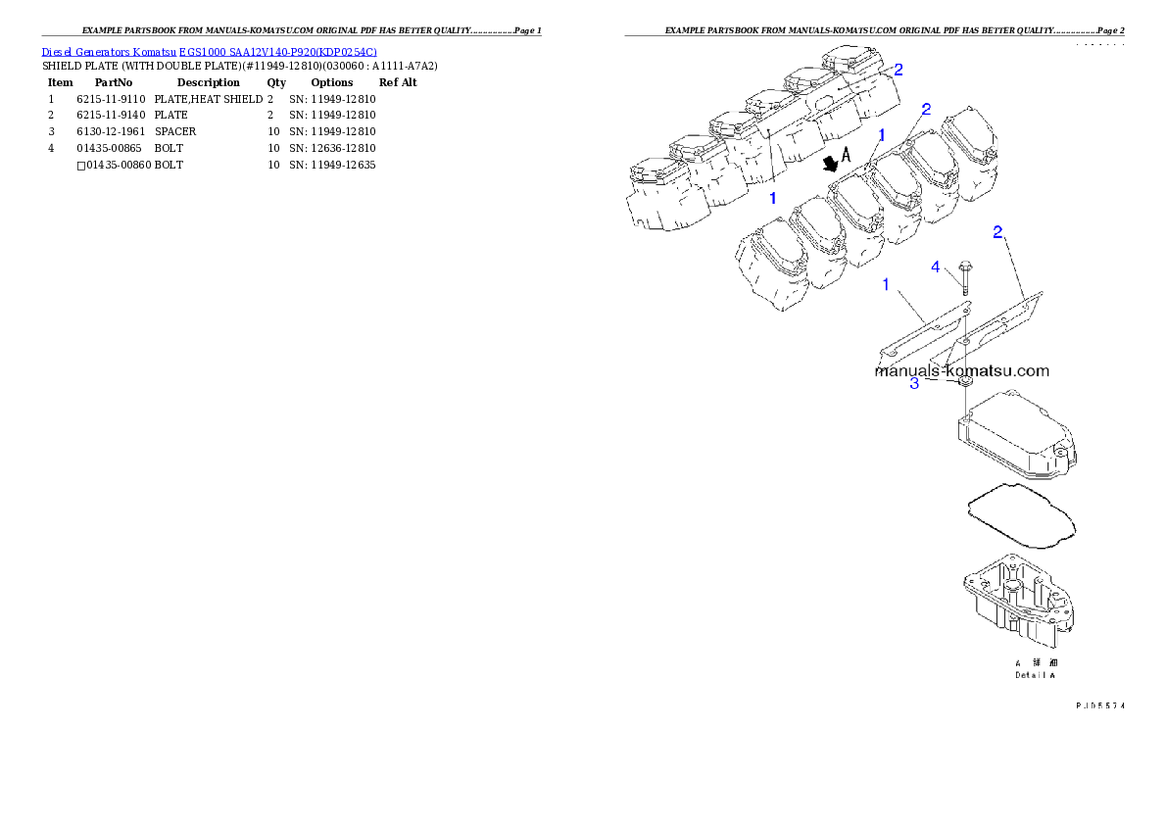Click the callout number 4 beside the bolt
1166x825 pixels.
point(936,266)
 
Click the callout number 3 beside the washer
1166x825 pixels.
point(914,384)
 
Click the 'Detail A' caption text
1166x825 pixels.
point(1036,675)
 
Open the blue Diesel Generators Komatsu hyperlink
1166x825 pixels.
point(209,51)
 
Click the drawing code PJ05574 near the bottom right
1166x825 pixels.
point(1098,704)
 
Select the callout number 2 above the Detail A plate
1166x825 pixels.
point(997,232)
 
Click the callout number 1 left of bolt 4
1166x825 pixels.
point(886,284)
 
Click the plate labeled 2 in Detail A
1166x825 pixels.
point(999,318)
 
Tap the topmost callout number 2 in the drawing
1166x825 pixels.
point(899,69)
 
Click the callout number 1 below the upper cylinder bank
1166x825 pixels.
point(772,198)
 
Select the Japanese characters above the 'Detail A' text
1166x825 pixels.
point(1036,663)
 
